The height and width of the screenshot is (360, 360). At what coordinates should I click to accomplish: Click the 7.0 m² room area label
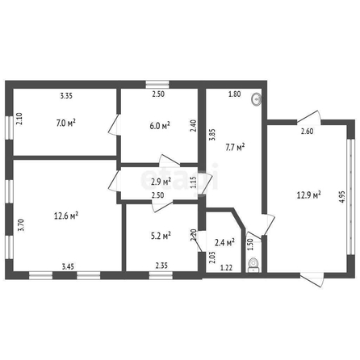pyautogui.click(x=66, y=123)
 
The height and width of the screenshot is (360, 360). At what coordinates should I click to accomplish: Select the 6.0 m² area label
pyautogui.click(x=160, y=125)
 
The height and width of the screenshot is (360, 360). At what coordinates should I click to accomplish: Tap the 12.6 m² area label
pyautogui.click(x=66, y=216)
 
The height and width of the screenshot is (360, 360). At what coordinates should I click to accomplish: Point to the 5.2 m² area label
pyautogui.click(x=161, y=236)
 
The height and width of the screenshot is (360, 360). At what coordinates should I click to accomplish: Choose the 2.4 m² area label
pyautogui.click(x=224, y=242)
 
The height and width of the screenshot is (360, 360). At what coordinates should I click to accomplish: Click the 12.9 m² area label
pyautogui.click(x=308, y=195)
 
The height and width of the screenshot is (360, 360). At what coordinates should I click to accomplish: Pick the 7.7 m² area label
pyautogui.click(x=235, y=147)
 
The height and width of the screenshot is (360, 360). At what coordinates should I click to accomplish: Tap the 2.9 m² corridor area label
pyautogui.click(x=161, y=182)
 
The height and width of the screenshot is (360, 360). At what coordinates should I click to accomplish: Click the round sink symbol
pyautogui.click(x=257, y=100)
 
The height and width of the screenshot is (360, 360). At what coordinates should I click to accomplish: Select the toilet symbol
pyautogui.click(x=253, y=265)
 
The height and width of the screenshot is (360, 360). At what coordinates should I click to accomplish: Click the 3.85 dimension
pyautogui.click(x=212, y=135)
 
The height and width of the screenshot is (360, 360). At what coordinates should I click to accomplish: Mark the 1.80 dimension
pyautogui.click(x=235, y=94)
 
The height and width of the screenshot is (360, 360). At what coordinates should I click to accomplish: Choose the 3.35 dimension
pyautogui.click(x=66, y=95)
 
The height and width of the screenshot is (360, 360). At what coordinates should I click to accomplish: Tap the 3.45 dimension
pyautogui.click(x=68, y=266)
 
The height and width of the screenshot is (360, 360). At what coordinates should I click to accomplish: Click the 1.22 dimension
pyautogui.click(x=226, y=268)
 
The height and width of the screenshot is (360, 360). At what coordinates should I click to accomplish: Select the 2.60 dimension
pyautogui.click(x=307, y=132)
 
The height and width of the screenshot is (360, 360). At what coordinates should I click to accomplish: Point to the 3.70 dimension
pyautogui.click(x=21, y=225)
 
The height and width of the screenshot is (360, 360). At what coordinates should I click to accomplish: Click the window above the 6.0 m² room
pyautogui.click(x=157, y=84)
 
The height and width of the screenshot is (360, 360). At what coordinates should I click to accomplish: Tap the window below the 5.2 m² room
pyautogui.click(x=161, y=275)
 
